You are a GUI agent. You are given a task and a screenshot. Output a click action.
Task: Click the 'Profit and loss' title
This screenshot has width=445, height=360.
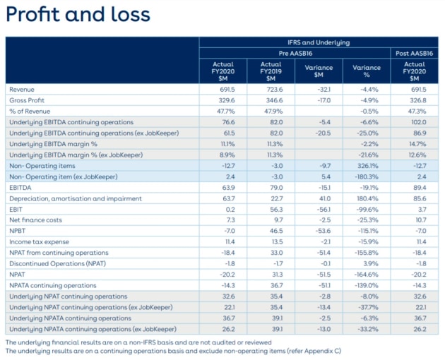click(78, 14)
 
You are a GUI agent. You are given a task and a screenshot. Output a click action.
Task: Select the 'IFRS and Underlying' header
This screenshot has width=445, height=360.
click(319, 42)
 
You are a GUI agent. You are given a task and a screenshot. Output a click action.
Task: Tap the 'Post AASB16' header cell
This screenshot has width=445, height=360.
click(415, 54)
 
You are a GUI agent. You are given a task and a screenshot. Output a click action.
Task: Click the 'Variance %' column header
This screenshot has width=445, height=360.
click(367, 71)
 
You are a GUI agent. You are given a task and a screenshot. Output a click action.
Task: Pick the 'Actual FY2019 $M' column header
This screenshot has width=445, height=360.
click(271, 71)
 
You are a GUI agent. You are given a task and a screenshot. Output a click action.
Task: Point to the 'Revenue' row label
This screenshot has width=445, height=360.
click(22, 90)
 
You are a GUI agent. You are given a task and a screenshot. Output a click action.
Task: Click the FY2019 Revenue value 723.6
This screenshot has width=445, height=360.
click(275, 90)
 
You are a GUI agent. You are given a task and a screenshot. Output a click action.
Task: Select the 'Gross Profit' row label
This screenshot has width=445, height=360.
click(27, 100)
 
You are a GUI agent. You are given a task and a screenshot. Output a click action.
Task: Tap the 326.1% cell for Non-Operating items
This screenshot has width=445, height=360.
click(368, 166)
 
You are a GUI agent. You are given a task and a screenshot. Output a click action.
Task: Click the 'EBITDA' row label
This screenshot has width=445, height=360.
click(20, 188)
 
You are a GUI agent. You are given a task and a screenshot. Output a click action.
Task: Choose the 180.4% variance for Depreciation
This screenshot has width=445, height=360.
click(367, 198)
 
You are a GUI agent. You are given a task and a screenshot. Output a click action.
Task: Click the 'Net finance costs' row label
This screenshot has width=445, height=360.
click(35, 220)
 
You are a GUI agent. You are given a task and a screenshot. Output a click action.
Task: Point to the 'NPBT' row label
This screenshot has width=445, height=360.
click(18, 231)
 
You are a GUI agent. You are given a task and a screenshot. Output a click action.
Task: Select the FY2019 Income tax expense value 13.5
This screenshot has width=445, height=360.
click(278, 242)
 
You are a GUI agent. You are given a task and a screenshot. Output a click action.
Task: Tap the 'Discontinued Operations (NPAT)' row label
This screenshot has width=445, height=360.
click(58, 263)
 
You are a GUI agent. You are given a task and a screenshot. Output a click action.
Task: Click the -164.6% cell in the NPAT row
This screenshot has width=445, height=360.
click(366, 275)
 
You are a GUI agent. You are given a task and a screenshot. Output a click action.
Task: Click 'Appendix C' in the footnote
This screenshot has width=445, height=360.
click(322, 351)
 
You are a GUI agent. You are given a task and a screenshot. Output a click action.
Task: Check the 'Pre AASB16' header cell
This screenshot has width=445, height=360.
click(295, 54)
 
